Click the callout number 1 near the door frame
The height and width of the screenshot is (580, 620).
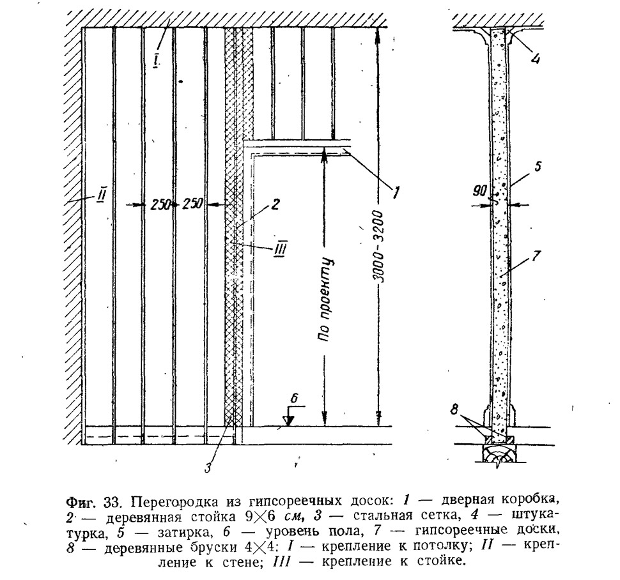[395, 192]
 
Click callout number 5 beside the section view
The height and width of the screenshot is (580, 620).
[538, 166]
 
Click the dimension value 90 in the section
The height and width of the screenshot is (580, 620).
[479, 191]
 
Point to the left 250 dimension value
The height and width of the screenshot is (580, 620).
[160, 204]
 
